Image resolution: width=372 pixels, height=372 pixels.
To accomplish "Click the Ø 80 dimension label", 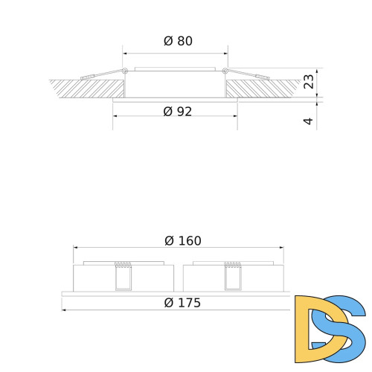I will click(178, 42).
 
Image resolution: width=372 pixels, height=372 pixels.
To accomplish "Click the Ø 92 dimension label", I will click(178, 112).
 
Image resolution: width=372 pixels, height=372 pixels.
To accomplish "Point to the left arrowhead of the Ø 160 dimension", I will click(75, 248).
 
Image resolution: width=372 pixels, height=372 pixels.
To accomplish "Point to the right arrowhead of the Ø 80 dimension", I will click(225, 53).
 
